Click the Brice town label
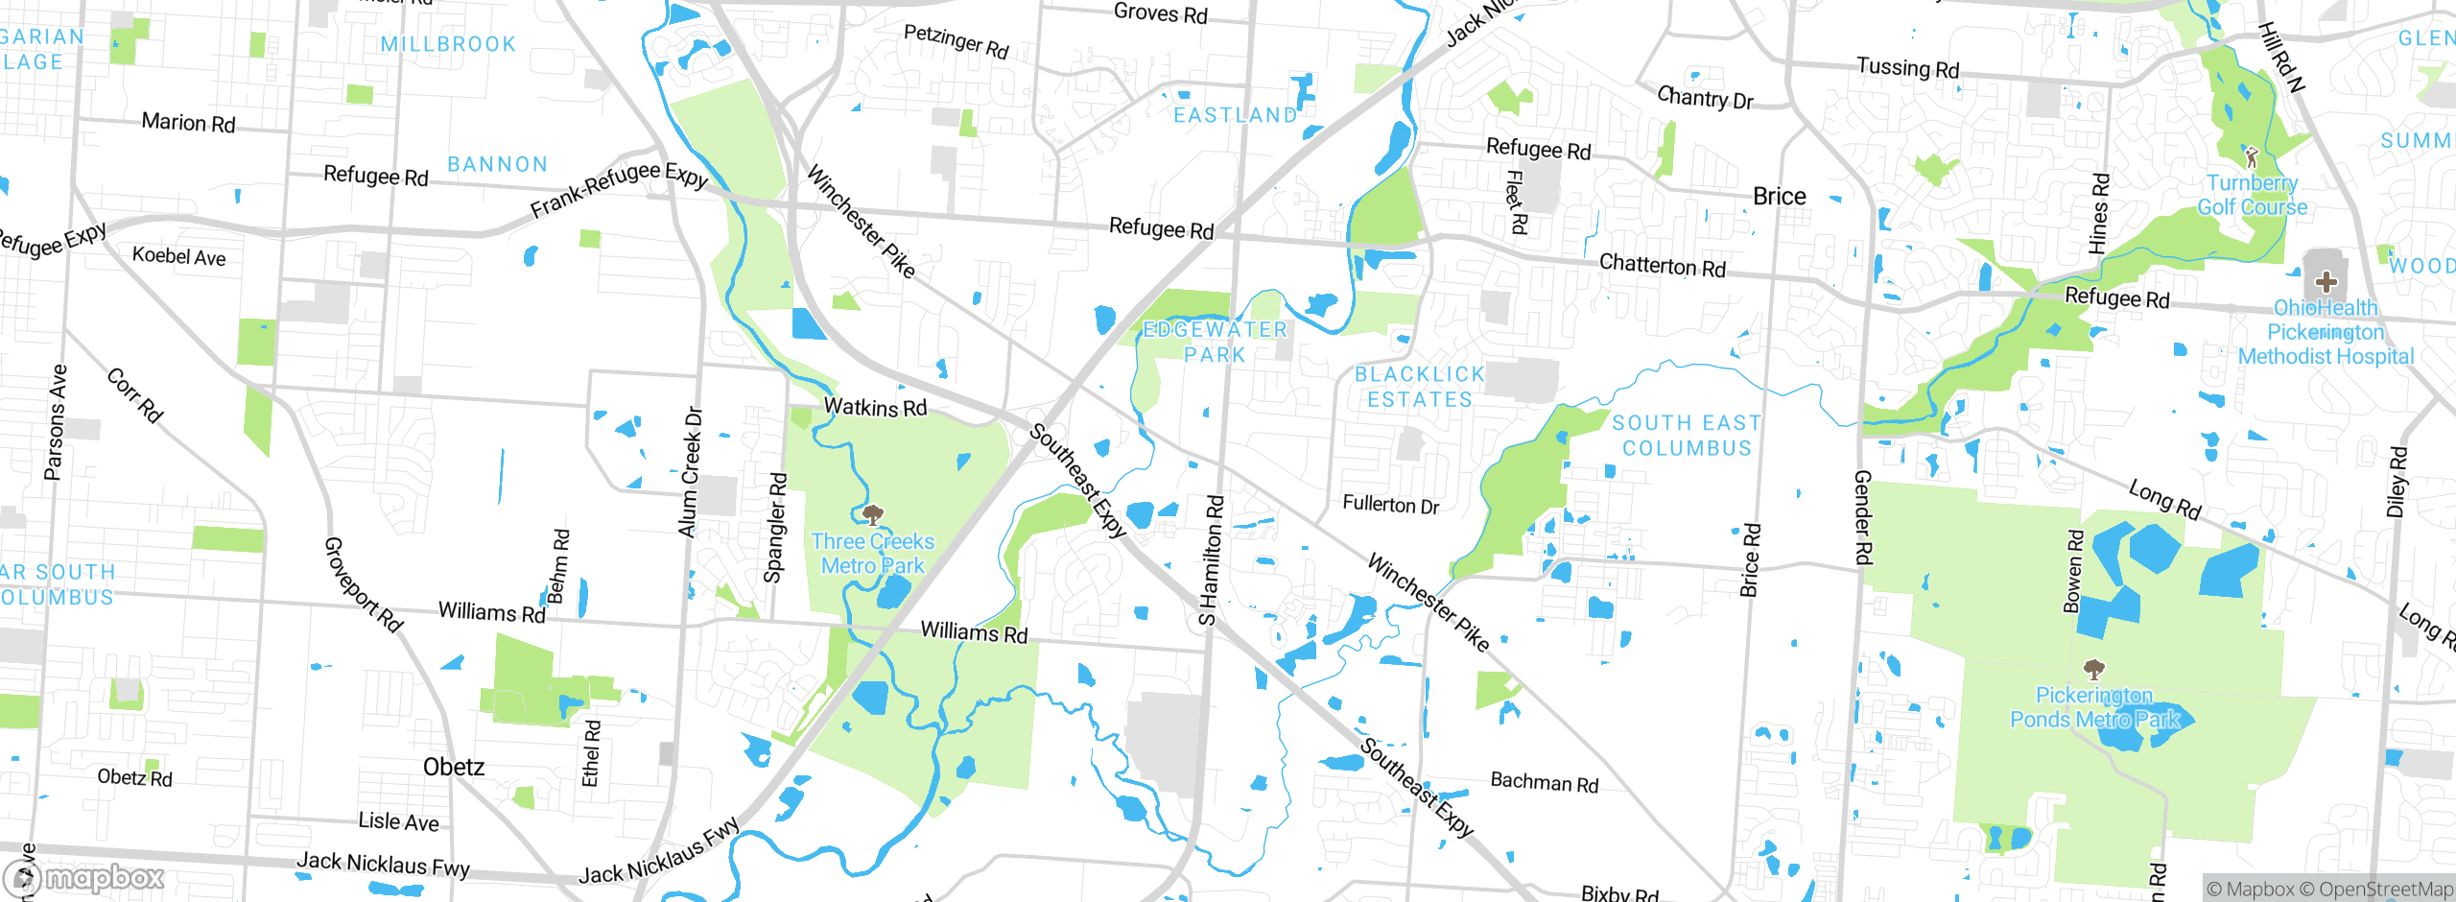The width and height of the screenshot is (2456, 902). point(1779,197)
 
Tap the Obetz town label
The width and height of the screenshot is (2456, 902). point(453,767)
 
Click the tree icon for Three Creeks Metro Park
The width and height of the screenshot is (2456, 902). point(872,515)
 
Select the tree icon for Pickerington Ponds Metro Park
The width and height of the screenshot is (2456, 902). point(2094,669)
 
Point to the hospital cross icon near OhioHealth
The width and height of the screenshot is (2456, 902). point(2326,281)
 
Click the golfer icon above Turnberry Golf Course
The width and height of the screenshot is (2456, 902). point(2252,156)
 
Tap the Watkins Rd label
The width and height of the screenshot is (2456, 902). point(875,408)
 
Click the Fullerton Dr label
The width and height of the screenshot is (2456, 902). point(1390,505)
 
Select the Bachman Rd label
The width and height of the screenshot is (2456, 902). point(1544,782)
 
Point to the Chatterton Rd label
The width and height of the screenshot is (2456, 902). point(1662,266)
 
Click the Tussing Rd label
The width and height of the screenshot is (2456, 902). point(1907,68)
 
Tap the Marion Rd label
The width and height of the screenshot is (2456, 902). point(188,123)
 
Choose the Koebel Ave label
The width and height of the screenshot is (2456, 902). point(178,256)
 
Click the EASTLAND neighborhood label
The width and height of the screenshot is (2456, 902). point(1235,115)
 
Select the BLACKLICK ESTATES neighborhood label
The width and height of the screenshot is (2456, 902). point(1420,387)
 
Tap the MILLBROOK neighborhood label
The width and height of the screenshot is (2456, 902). point(448,44)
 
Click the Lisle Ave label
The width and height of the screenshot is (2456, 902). point(398,821)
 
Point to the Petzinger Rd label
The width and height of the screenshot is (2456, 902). point(956,41)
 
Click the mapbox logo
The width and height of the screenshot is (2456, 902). point(84,878)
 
